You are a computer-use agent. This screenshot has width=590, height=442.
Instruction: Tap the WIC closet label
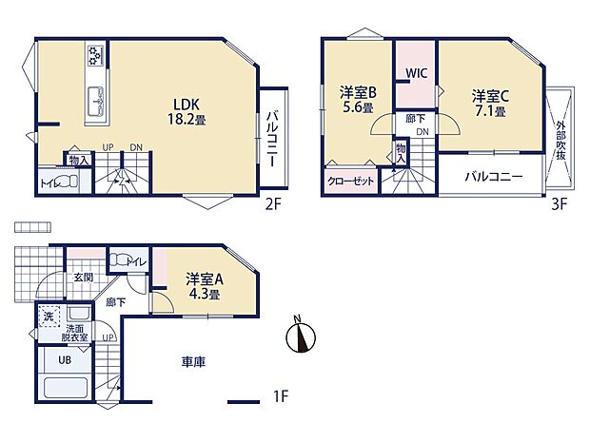pos(416,73)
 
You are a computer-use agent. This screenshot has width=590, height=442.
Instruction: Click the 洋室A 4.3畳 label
pos(204,286)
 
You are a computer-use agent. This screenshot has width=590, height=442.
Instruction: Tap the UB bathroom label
pos(53,361)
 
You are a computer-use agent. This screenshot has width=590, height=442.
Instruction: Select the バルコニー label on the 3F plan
pos(493,177)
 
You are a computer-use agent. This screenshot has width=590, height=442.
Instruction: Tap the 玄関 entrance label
pos(84,277)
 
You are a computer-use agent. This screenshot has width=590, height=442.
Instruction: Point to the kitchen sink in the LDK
pos(97,99)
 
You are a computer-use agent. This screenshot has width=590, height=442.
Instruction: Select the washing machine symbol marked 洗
pos(48,315)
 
